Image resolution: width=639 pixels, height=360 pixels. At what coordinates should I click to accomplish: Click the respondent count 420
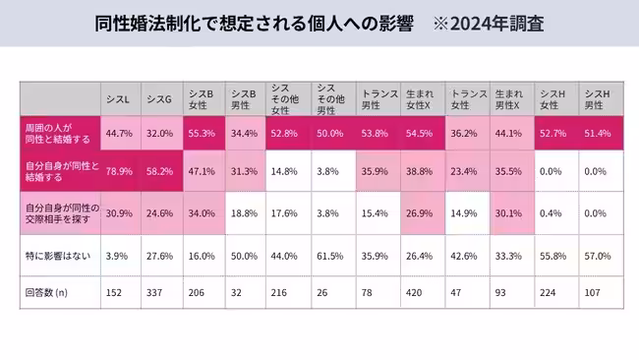[418, 291]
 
